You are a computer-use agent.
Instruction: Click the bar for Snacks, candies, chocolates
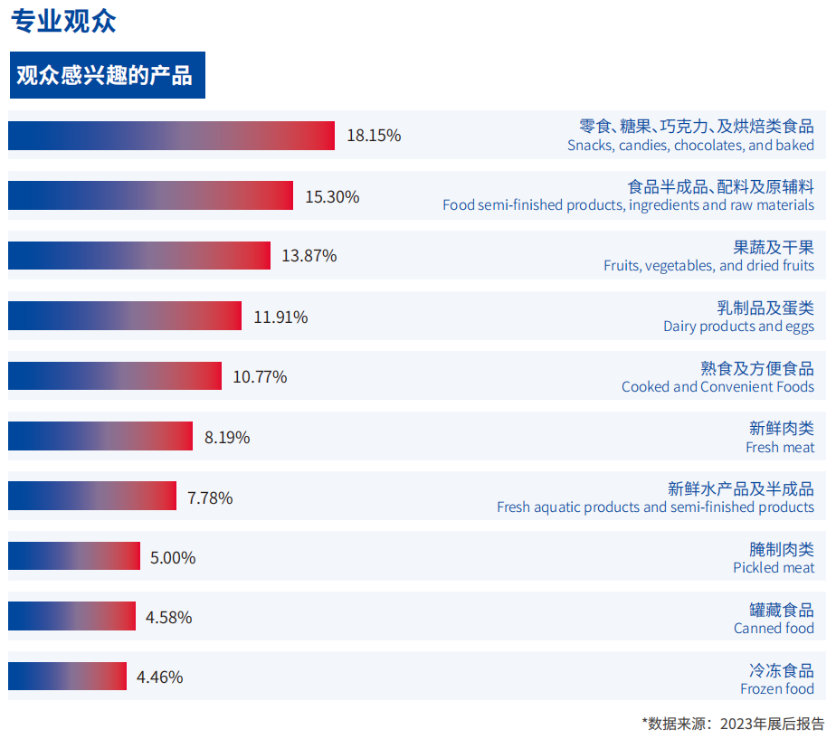(x=171, y=136)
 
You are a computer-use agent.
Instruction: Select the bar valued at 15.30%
(x=150, y=195)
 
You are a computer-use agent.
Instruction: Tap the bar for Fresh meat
(x=100, y=436)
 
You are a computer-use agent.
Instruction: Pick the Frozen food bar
(x=67, y=676)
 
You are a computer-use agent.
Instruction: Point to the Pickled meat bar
(x=74, y=556)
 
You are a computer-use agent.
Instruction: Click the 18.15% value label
(x=374, y=136)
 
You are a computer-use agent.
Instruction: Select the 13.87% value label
(x=309, y=256)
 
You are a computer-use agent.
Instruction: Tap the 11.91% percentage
(x=280, y=317)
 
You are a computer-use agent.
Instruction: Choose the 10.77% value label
(x=260, y=376)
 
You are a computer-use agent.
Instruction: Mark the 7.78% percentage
(x=210, y=497)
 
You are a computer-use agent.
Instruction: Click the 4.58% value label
(x=168, y=618)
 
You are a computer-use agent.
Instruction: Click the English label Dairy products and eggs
(x=738, y=327)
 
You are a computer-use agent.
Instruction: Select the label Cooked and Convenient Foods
(x=717, y=387)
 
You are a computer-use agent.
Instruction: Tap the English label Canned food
(x=774, y=629)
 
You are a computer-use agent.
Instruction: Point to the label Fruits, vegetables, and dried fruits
(x=708, y=266)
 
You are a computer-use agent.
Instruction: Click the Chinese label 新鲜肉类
(x=781, y=429)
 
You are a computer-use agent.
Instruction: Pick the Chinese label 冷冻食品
(x=781, y=670)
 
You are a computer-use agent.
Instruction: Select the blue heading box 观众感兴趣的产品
(x=107, y=75)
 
